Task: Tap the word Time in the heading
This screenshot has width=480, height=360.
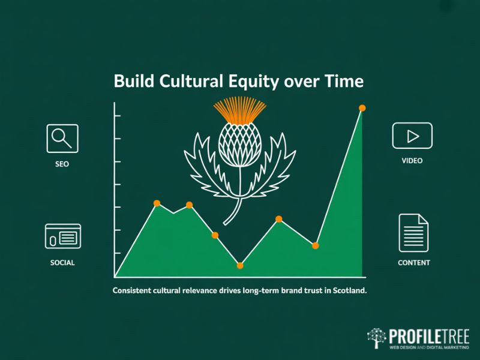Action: coord(344,82)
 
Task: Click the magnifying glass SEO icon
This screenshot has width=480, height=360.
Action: coord(62,138)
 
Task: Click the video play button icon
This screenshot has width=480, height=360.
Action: coord(412,136)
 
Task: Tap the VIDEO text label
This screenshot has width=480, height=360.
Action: coord(412,161)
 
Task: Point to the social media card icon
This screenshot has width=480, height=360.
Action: coord(62,236)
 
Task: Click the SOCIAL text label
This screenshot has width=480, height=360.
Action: coord(62,263)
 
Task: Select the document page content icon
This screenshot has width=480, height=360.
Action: coord(413,233)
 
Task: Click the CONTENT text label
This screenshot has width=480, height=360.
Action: coord(414,263)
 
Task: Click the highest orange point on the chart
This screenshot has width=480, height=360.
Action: coord(362,108)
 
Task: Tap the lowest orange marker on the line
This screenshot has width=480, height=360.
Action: coord(240,265)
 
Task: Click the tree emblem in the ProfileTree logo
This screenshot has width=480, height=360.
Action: coord(377,338)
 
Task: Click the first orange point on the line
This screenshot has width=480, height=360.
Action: coord(157,203)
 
